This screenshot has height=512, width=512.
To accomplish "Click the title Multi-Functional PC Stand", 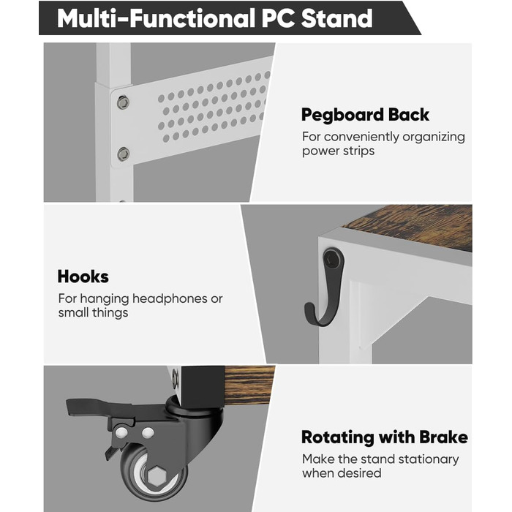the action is pyautogui.click(x=214, y=18).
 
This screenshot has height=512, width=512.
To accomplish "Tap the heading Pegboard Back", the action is pyautogui.click(x=365, y=115).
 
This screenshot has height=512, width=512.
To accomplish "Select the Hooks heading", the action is pyautogui.click(x=83, y=276).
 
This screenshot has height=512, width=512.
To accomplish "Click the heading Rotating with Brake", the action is pyautogui.click(x=384, y=437).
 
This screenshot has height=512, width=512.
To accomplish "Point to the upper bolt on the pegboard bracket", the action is pyautogui.click(x=123, y=102).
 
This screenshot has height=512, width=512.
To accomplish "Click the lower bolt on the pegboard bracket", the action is pyautogui.click(x=124, y=154).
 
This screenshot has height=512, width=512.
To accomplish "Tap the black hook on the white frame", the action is pyautogui.click(x=325, y=287).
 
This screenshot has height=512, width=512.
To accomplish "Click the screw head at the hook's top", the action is pyautogui.click(x=333, y=255).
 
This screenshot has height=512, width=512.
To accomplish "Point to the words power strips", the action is pyautogui.click(x=338, y=151).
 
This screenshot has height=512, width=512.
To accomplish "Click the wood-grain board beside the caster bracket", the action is pyautogui.click(x=249, y=386).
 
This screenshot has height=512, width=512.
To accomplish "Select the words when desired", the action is pyautogui.click(x=342, y=473).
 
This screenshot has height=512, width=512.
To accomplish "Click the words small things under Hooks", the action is pyautogui.click(x=93, y=313).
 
